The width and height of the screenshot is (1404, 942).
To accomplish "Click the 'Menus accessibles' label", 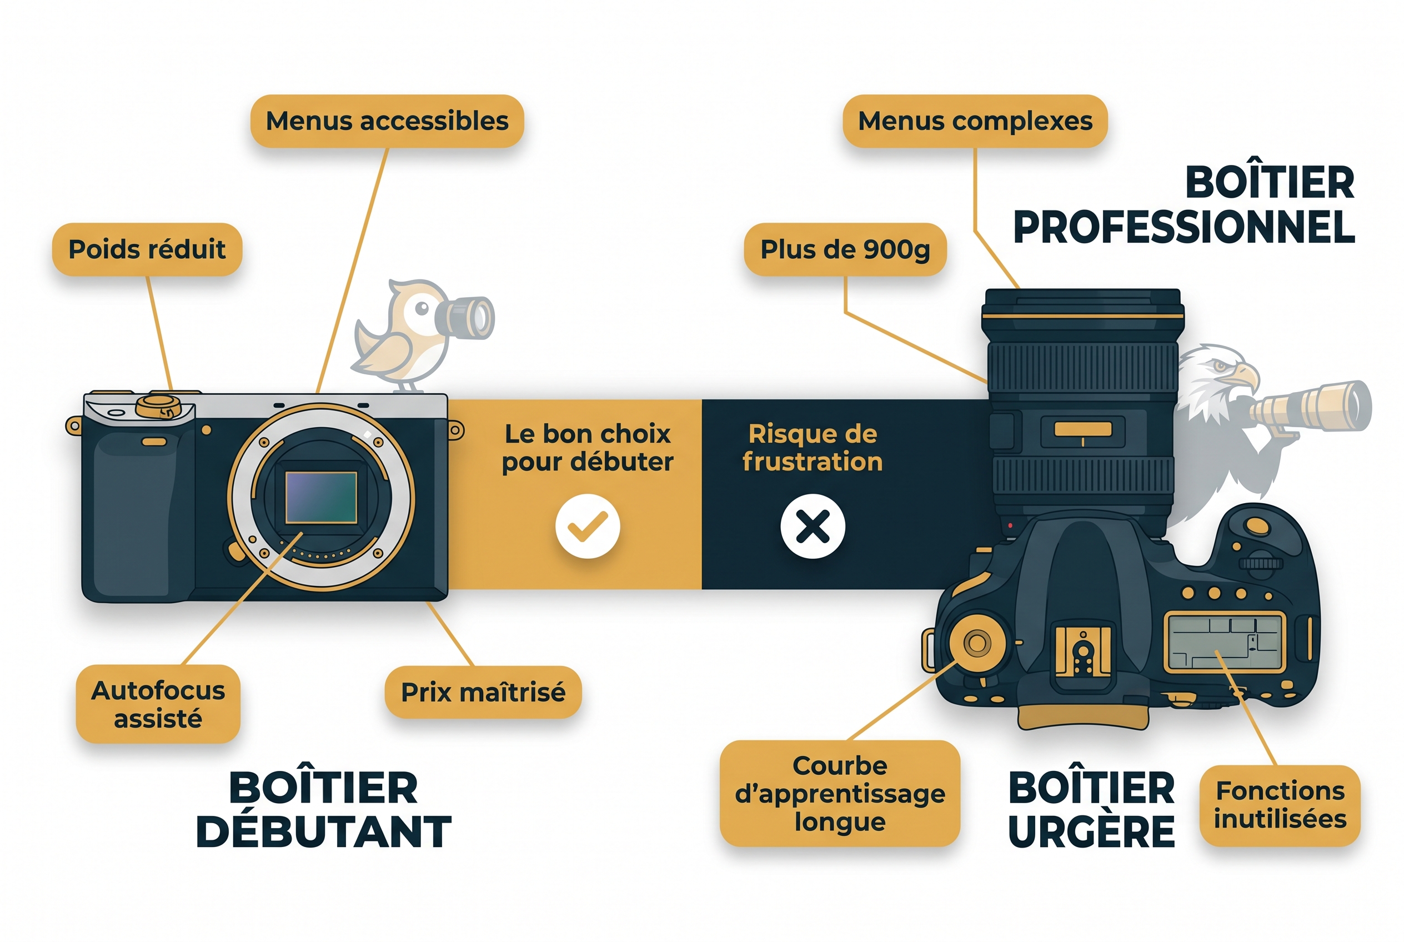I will click(x=387, y=121).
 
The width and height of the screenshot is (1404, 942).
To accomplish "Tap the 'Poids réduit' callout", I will click(x=147, y=249).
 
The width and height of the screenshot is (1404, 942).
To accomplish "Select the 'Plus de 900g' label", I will click(x=845, y=249).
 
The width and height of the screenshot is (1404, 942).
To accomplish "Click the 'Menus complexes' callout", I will click(x=975, y=121).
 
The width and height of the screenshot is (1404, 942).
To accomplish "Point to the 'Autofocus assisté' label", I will click(x=158, y=704).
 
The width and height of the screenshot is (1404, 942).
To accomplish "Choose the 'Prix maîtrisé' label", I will click(x=483, y=692).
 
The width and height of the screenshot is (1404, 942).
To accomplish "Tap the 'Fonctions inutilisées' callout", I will click(x=1280, y=805).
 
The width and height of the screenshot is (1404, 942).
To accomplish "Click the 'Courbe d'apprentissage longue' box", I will click(x=839, y=793).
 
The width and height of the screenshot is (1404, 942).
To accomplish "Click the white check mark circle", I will click(x=587, y=527).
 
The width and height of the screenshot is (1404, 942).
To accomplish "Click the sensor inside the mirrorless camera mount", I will click(x=321, y=498).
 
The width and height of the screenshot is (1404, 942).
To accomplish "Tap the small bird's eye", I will click(x=422, y=308).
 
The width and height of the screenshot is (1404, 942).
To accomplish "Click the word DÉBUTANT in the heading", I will click(x=323, y=832).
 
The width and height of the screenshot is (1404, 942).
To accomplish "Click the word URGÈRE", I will click(x=1091, y=832).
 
